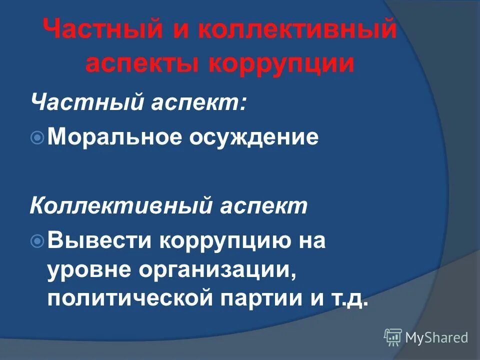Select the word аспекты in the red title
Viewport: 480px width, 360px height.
coord(140,64)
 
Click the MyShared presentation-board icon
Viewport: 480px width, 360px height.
coord(393,337)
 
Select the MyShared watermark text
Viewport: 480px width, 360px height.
coord(436,338)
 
